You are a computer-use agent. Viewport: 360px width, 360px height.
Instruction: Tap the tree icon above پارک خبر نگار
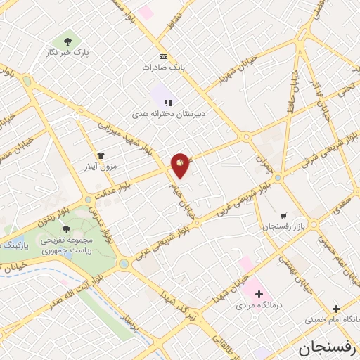(67, 41)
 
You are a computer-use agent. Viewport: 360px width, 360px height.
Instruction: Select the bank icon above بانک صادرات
(163, 57)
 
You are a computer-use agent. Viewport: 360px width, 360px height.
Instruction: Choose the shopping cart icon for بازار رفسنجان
(283, 216)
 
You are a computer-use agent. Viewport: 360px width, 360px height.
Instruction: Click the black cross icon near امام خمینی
(336, 309)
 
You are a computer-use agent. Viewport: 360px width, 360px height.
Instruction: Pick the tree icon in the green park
(66, 229)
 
